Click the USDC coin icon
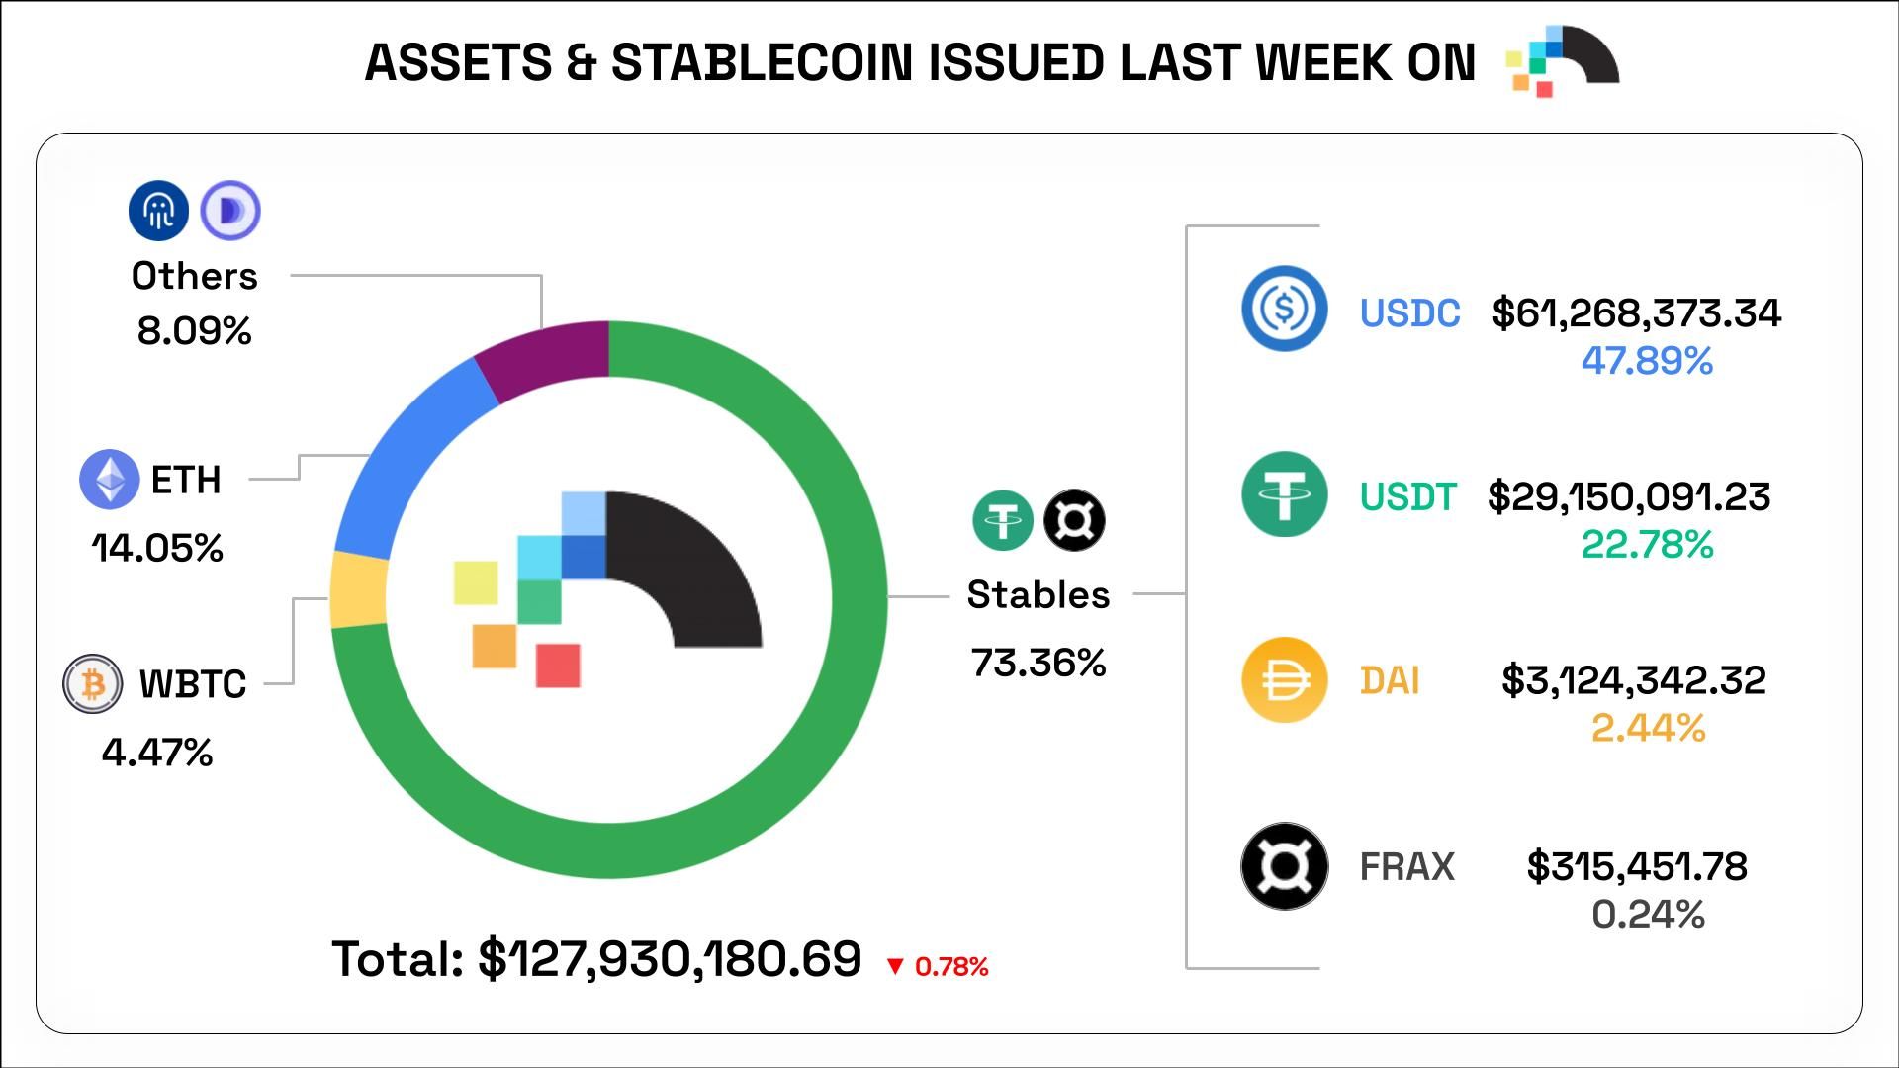click(x=1284, y=309)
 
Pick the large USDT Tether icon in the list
click(x=1284, y=493)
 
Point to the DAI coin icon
click(x=1284, y=679)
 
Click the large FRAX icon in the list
click(x=1284, y=866)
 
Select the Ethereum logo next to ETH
click(x=109, y=480)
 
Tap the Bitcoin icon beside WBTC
click(x=93, y=683)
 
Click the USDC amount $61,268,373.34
click(x=1636, y=313)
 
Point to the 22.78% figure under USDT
click(x=1647, y=545)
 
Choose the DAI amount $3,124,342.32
click(x=1633, y=680)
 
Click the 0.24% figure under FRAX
click(x=1648, y=915)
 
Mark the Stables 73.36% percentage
click(x=1039, y=663)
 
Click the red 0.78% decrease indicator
click(x=938, y=966)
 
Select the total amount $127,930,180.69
click(x=670, y=959)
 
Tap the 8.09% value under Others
click(x=195, y=331)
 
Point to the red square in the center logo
click(x=558, y=665)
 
